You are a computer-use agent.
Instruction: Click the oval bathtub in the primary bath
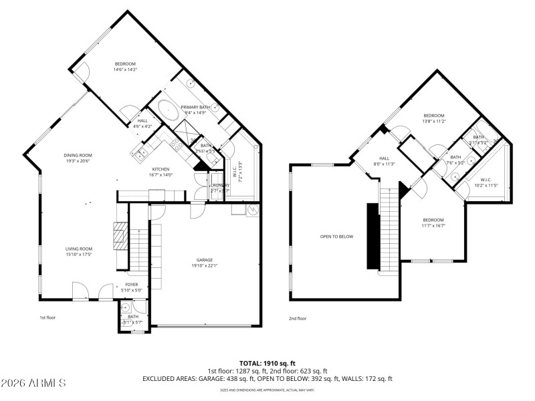click(167, 109)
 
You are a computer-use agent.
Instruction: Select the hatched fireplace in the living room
click(118, 236)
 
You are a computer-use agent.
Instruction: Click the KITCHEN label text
click(160, 169)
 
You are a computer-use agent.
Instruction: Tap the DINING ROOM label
click(78, 155)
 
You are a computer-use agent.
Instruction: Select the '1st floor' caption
click(48, 317)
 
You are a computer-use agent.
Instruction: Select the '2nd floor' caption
click(298, 318)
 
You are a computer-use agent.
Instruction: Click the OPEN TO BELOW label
click(336, 237)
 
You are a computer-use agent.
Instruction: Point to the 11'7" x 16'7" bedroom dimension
click(433, 226)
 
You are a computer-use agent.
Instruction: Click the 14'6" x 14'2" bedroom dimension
click(125, 69)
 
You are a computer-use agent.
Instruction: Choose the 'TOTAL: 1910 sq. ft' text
click(267, 363)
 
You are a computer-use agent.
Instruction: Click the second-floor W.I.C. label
click(485, 178)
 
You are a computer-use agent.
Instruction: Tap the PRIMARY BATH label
click(195, 107)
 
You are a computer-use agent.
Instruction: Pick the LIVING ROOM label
click(78, 249)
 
